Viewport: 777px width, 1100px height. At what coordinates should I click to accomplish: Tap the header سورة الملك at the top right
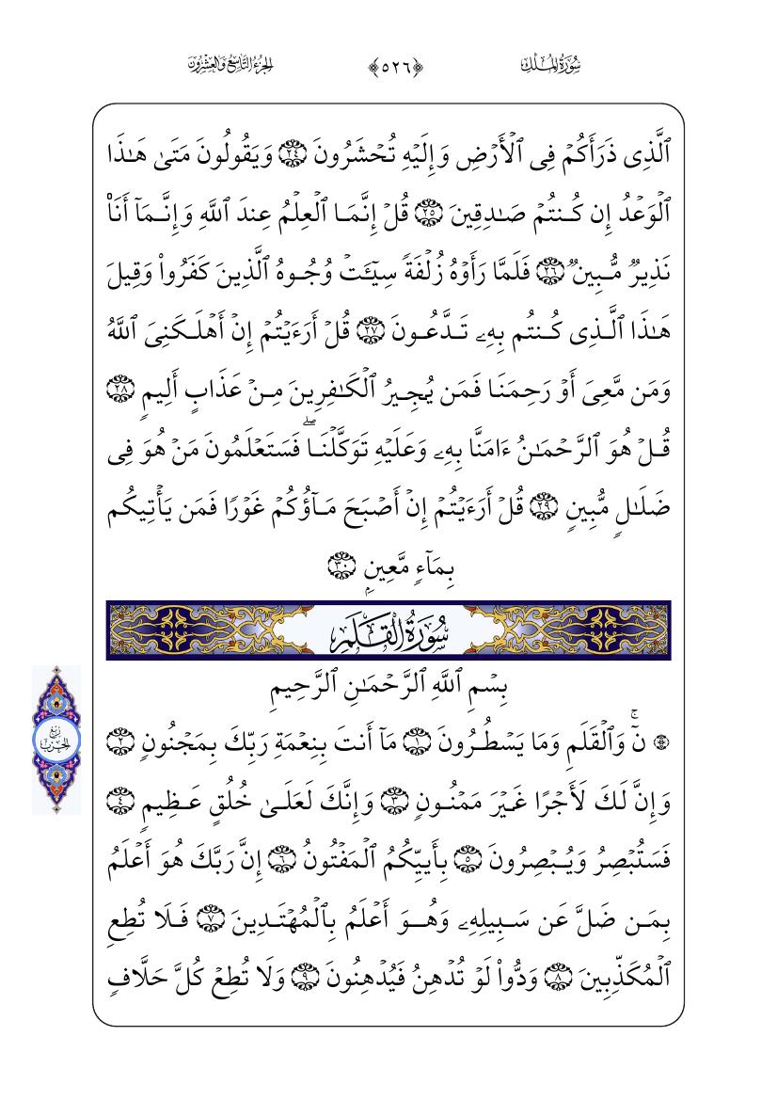coord(549,65)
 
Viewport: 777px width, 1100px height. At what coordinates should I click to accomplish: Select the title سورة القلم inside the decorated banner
coord(388,630)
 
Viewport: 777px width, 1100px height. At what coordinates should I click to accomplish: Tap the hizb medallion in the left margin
coord(56,740)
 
